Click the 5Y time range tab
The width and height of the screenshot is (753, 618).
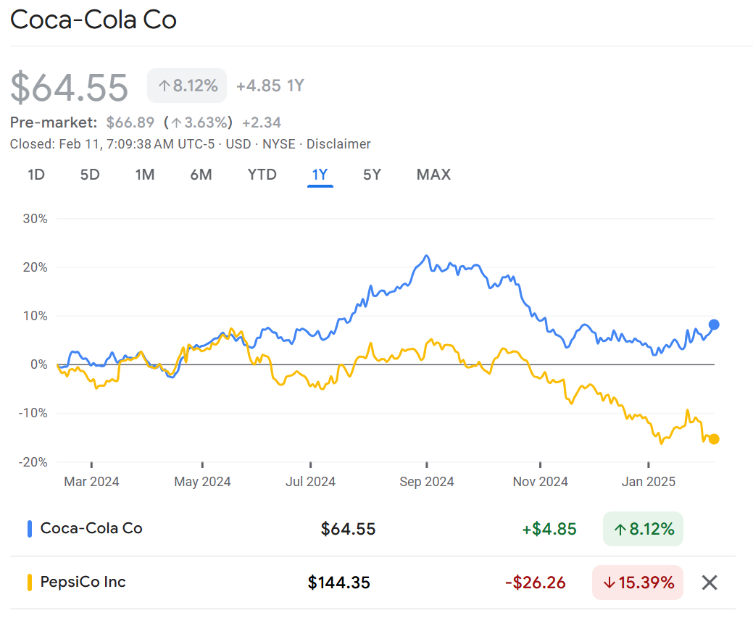(x=372, y=175)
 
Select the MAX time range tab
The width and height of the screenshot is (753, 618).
(x=433, y=175)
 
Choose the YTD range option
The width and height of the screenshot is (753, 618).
(x=262, y=175)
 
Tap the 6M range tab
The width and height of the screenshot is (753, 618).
(x=201, y=175)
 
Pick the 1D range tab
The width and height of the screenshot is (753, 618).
(x=36, y=175)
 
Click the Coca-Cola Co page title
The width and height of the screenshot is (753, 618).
(x=93, y=20)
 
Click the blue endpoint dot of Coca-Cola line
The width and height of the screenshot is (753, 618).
(x=714, y=325)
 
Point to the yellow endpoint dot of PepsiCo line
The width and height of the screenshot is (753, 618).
(x=714, y=439)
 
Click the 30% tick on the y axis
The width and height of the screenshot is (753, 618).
(x=34, y=219)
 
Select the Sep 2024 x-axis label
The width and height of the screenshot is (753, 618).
(x=427, y=482)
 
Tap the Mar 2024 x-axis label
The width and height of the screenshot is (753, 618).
(x=92, y=482)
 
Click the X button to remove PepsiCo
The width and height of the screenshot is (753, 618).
(x=710, y=582)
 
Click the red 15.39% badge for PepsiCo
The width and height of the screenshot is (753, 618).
(x=638, y=582)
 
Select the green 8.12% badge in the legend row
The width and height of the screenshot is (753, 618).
(x=643, y=529)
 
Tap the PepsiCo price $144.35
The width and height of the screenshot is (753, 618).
(x=339, y=582)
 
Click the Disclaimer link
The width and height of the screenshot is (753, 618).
(x=338, y=144)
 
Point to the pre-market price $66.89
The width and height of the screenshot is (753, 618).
(x=130, y=122)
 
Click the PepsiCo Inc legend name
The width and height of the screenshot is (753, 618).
(x=83, y=582)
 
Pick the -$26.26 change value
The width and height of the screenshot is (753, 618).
(x=536, y=582)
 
